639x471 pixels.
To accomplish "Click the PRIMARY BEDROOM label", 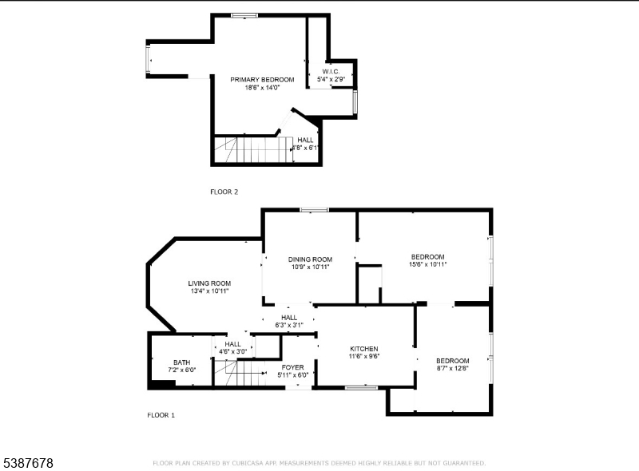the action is pos(262,80).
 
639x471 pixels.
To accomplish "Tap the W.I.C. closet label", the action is pos(331,72).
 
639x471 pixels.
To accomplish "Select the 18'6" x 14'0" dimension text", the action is pos(262,88).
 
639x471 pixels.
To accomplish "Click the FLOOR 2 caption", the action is pos(224,192).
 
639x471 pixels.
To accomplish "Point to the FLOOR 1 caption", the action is pos(161,415).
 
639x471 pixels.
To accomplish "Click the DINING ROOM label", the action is pos(310,259).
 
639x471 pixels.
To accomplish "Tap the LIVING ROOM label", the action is pos(209,283).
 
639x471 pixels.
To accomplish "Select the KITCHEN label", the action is pos(364,349).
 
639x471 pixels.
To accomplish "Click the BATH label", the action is pos(182,362).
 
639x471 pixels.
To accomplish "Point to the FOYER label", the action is pos(292,367).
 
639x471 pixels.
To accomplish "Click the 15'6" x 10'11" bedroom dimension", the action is pos(428,264).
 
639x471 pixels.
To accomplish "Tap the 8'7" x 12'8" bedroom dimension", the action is pos(452,368).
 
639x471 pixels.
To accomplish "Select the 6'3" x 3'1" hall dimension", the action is pos(289,325).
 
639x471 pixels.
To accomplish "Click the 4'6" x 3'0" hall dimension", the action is pos(232,351).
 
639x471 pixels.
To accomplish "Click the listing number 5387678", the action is pos(28,463).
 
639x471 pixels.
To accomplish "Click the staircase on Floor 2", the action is pos(253,149).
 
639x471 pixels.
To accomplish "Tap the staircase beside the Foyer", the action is pos(240,373).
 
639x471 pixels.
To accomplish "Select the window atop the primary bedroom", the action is pos(244,15).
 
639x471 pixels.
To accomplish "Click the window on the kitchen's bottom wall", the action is pos(362,387).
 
